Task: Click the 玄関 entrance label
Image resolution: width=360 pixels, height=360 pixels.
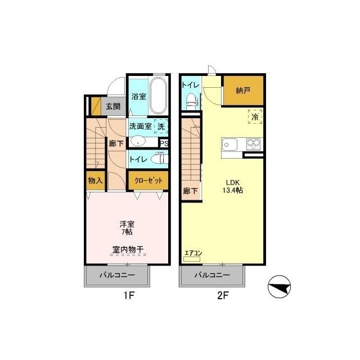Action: coord(113,106)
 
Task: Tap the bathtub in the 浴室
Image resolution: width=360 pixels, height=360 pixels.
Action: coord(158,95)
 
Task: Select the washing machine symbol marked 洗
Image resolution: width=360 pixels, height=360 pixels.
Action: coord(161,126)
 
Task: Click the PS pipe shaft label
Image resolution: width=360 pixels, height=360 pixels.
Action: coord(164,143)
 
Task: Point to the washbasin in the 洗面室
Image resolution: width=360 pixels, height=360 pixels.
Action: coord(138,141)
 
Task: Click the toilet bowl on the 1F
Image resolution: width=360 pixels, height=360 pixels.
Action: coord(160,159)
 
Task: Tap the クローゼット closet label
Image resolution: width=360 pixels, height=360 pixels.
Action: coord(148,181)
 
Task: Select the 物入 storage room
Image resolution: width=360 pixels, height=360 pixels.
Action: coord(96,181)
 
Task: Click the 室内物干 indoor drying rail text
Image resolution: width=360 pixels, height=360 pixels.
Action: coord(128,249)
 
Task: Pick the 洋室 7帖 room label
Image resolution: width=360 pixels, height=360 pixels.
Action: coord(127,228)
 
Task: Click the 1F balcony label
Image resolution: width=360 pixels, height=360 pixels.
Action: coord(117,275)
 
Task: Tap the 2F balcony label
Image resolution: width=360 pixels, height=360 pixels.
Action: coord(212,275)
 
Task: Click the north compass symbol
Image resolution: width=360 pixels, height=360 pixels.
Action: coord(279,287)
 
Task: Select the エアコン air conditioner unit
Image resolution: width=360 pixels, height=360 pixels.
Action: coord(192,259)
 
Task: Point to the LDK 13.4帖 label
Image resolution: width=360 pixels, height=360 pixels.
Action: coord(233,186)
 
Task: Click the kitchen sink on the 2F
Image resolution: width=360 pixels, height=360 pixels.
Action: coord(229,145)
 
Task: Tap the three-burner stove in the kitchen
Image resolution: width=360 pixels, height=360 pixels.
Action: coord(254,145)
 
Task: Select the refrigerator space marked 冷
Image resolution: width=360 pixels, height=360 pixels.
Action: coord(255,117)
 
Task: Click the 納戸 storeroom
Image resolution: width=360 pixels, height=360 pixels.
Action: coord(244,91)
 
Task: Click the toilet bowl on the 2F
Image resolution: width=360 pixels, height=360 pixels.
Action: coord(191,101)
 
